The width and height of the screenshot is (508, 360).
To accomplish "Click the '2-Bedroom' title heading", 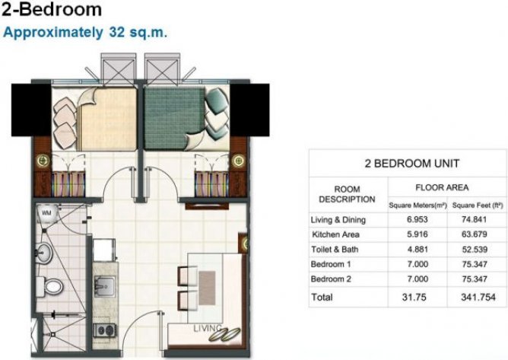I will [52, 10].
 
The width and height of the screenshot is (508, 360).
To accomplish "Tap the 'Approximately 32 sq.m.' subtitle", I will [85, 33].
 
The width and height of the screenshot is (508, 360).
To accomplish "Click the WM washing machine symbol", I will [46, 214].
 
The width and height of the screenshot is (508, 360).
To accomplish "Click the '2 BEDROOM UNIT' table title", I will [401, 163].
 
